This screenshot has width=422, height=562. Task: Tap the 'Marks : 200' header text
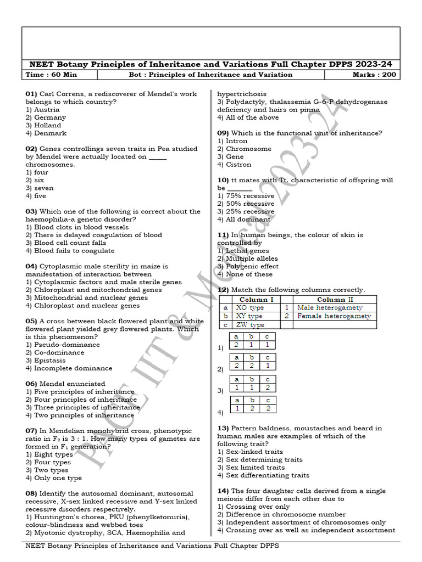coord(374,75)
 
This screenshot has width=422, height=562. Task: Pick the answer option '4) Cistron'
coord(234,165)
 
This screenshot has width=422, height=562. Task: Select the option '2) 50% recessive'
coord(246,204)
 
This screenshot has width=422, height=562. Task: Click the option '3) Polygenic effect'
coord(248,266)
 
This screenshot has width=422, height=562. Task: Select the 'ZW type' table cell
coord(250,325)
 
